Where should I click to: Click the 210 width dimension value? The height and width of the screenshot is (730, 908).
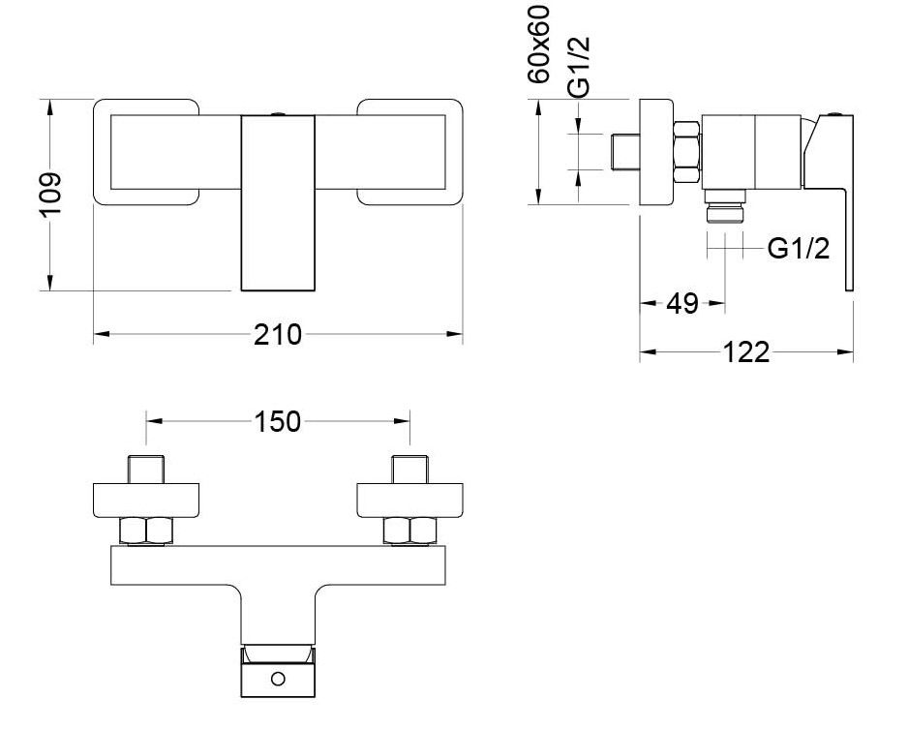[x=278, y=335]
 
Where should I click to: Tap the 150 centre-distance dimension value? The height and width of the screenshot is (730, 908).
[x=278, y=421]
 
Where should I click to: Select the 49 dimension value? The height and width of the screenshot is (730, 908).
[x=683, y=303]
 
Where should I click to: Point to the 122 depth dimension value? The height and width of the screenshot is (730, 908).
[x=746, y=352]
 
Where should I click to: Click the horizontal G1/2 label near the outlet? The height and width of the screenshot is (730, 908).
[x=799, y=249]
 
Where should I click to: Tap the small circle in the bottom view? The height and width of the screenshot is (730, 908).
[x=279, y=679]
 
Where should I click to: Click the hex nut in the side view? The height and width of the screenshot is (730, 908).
[x=686, y=151]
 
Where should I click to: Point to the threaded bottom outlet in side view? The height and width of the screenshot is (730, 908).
[x=725, y=207]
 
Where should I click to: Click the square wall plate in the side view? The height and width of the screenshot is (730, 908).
[x=656, y=151]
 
